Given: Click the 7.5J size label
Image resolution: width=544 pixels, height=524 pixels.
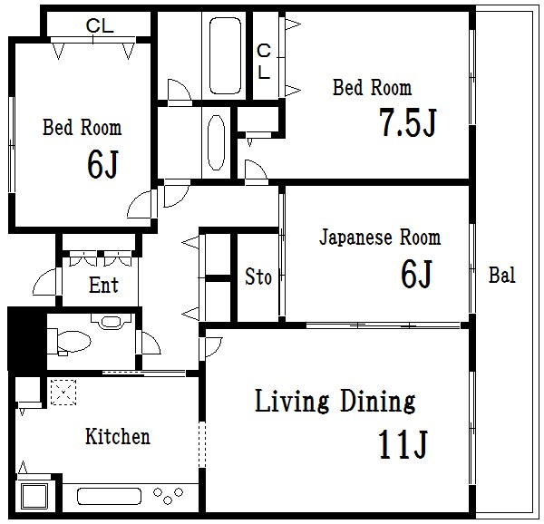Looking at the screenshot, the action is point(407,121).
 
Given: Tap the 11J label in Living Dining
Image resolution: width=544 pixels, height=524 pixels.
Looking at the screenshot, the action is point(403,444).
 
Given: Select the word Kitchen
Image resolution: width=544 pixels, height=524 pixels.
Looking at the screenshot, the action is point(118,436).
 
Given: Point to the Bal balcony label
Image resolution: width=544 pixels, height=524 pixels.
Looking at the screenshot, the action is point(502,275).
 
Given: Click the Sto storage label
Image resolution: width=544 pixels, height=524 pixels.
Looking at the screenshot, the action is point(258,277).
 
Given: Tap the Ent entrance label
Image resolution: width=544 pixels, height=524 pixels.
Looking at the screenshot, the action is point(103,285).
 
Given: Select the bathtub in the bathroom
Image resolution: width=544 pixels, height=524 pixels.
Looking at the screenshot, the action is point(225,55).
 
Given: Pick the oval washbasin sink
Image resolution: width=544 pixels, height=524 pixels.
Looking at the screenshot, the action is point(216,142).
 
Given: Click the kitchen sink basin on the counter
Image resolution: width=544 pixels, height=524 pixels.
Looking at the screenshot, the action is point(109,496).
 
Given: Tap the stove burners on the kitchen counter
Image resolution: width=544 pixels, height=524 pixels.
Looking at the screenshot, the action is point(168,495).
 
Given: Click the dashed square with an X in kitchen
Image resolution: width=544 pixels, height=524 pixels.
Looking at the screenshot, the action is point(63,393).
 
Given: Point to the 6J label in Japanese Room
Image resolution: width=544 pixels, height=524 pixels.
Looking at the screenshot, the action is point(416,274).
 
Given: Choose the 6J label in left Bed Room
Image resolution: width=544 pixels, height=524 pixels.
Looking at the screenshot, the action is point(102,164).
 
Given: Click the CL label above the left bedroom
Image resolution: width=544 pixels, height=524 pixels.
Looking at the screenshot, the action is point(100,25).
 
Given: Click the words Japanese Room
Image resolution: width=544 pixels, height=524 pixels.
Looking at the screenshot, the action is point(380,238).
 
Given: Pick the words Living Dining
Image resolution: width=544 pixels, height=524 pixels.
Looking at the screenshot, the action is point(335,401).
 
